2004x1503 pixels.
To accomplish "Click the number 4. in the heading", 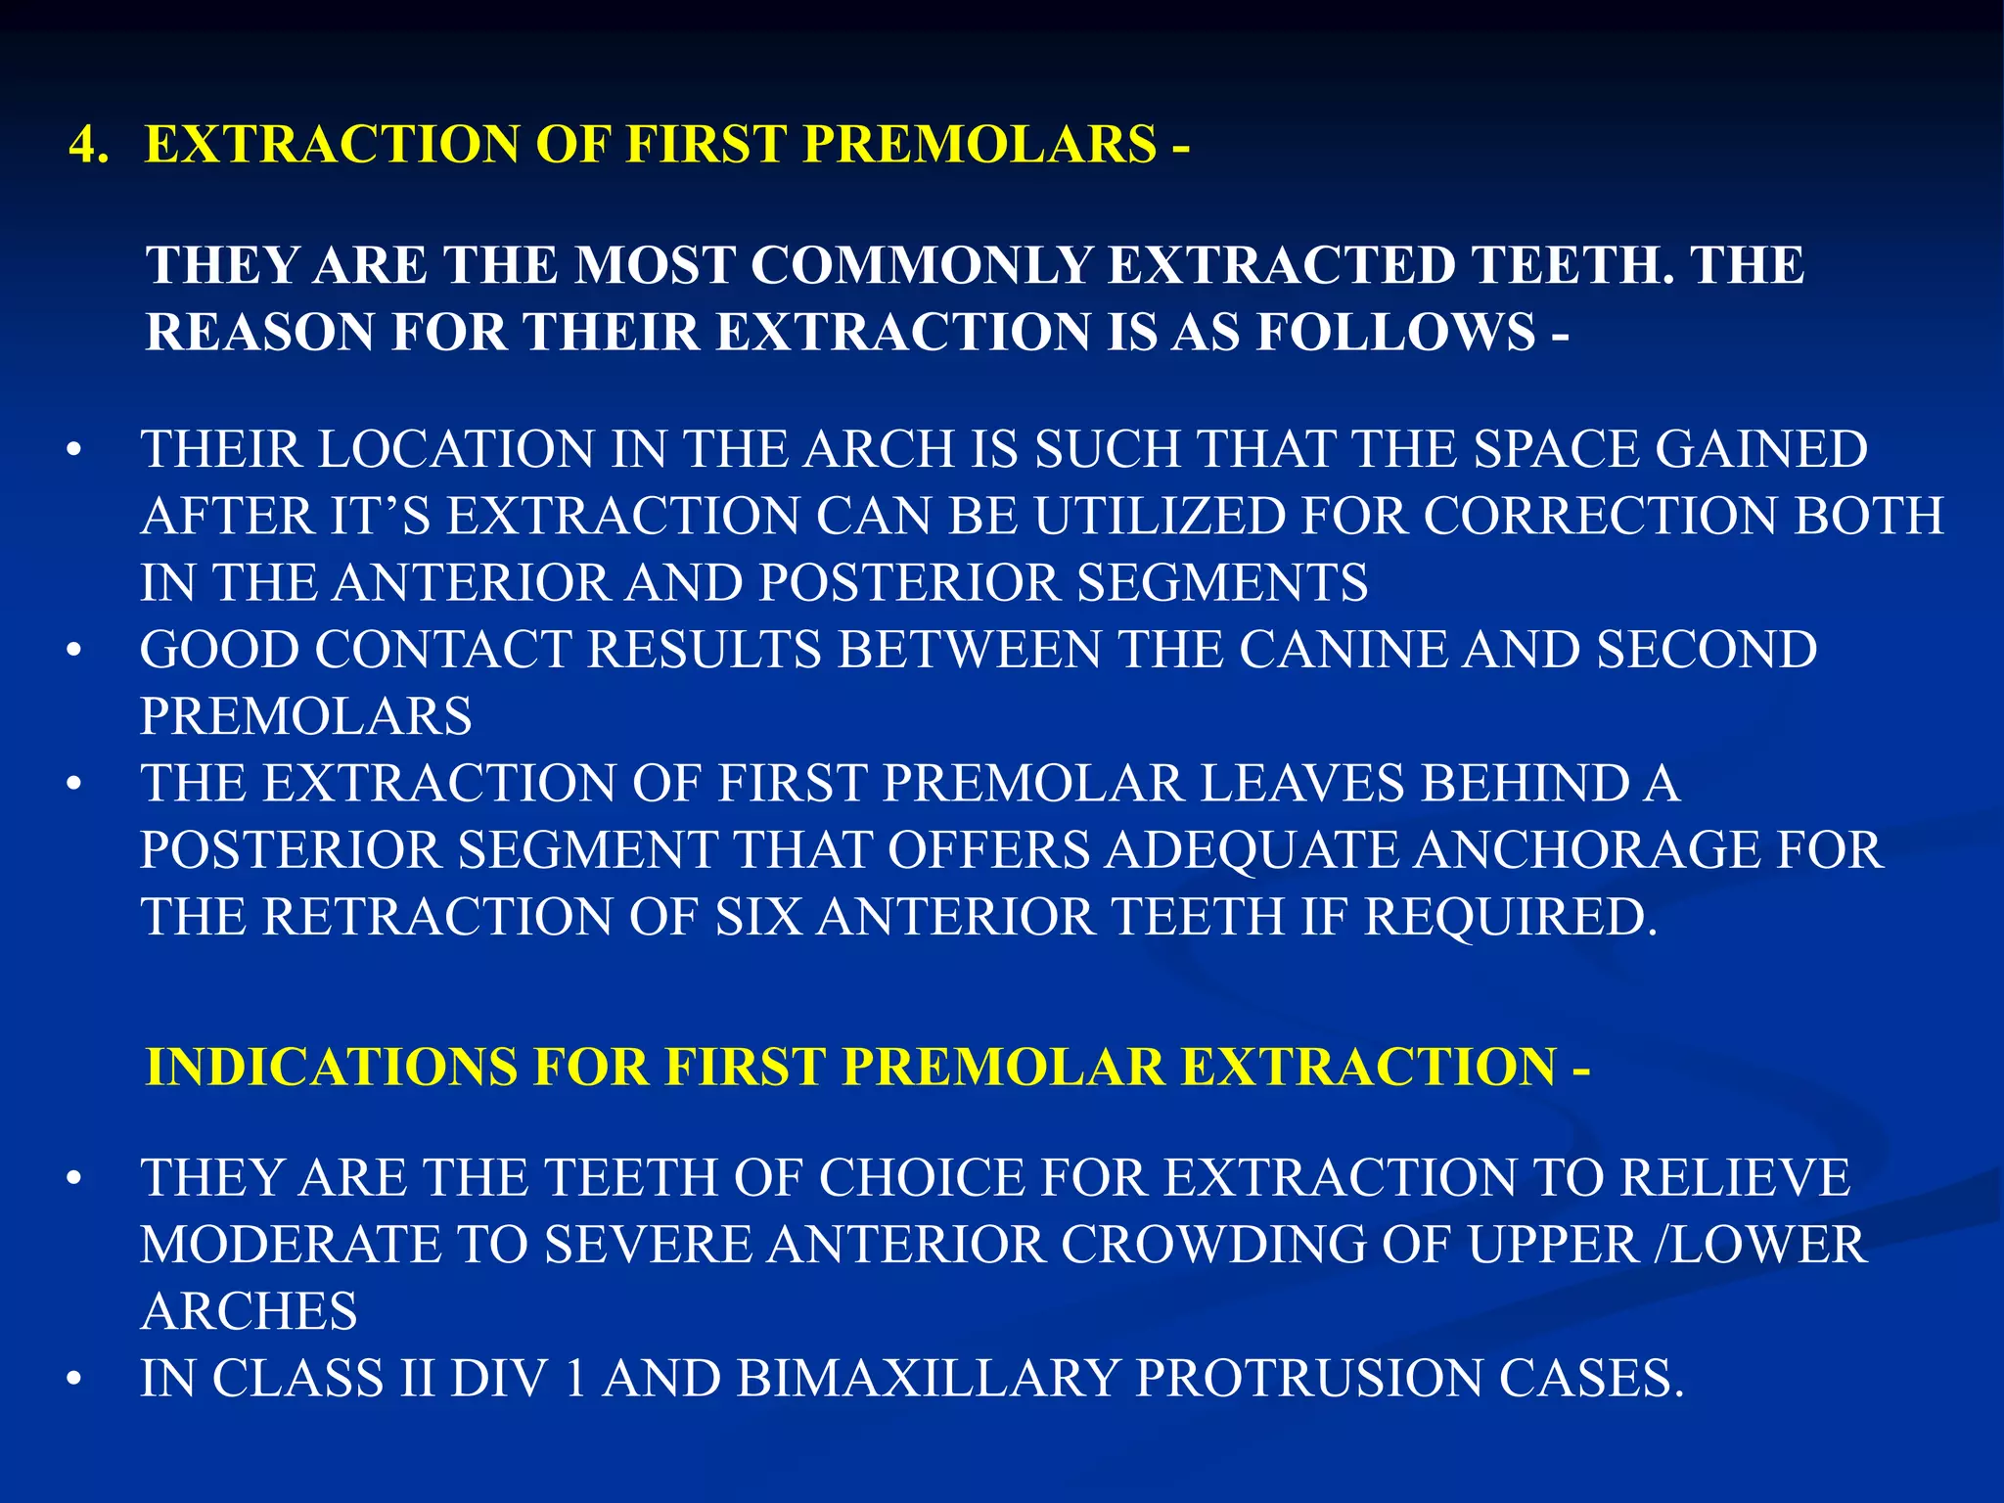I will tap(90, 146).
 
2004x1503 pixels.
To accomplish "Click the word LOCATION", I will tap(456, 450).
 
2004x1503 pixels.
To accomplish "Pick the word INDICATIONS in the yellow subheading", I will tap(331, 1067).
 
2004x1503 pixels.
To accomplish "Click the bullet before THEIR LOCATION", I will tap(74, 453).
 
